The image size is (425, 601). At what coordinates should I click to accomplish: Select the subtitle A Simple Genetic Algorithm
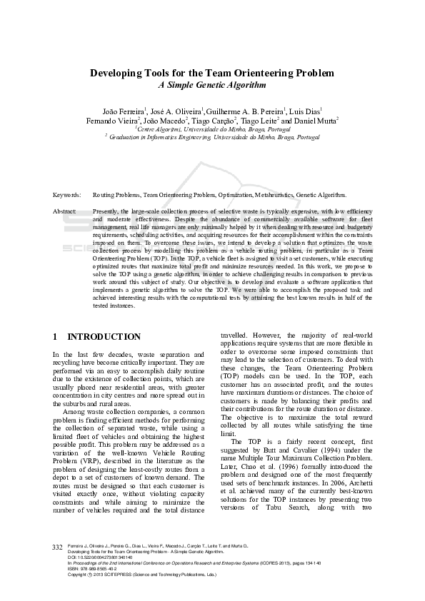click(211, 84)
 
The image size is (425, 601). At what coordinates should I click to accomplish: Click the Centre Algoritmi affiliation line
click(212, 129)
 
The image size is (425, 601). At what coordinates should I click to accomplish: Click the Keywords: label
click(66, 194)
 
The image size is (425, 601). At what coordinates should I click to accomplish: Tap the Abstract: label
click(64, 212)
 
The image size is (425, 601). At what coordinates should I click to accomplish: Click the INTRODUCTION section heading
click(104, 336)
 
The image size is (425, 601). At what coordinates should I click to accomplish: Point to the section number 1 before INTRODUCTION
click(56, 336)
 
